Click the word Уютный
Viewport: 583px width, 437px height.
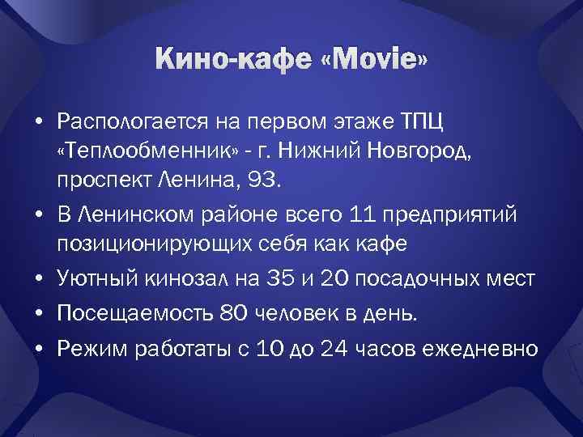(94, 279)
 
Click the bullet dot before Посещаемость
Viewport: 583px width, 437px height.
(40, 314)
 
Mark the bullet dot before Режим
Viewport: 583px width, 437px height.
(40, 350)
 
